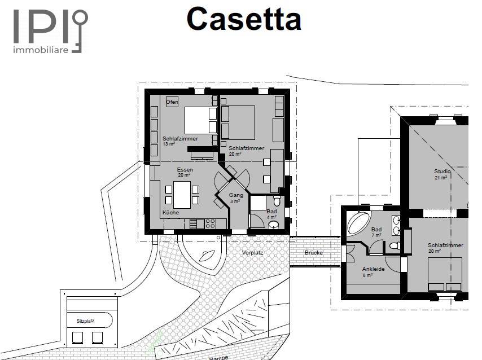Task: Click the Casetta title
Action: (244, 19)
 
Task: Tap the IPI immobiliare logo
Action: (50, 32)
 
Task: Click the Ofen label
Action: (172, 102)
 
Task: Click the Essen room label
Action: (185, 170)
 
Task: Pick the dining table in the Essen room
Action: (182, 195)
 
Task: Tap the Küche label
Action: (170, 212)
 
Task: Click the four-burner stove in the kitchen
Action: (211, 223)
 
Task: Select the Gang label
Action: (236, 195)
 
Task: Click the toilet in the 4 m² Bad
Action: (277, 201)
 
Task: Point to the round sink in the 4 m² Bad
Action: (274, 225)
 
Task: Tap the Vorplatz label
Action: (252, 253)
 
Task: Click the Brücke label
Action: (314, 252)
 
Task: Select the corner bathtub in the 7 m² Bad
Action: (358, 223)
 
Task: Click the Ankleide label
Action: (373, 269)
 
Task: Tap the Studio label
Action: (442, 171)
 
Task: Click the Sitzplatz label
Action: (85, 321)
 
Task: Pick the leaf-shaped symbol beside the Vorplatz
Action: (207, 256)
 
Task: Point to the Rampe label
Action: (219, 358)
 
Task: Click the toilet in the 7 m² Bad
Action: (395, 245)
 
